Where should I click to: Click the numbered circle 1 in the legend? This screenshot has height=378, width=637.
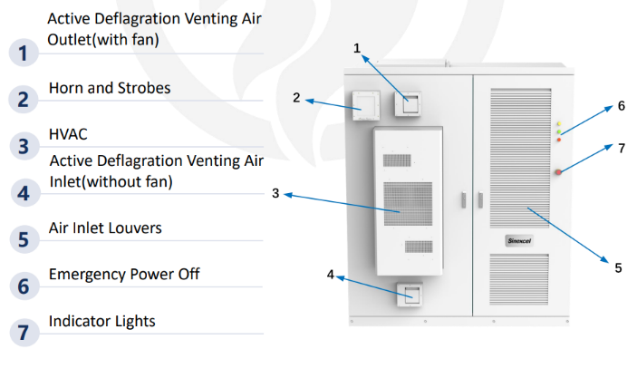(24, 52)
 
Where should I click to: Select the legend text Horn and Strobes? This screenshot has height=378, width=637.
(110, 89)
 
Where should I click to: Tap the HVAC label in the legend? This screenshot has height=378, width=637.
(68, 134)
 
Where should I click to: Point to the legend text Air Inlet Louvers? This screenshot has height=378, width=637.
(105, 228)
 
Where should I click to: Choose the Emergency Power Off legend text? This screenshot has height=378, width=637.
(124, 274)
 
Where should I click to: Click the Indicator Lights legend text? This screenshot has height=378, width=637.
(102, 321)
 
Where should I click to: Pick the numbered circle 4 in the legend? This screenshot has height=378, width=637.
(24, 192)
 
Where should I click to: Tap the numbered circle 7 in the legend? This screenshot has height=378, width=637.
(24, 333)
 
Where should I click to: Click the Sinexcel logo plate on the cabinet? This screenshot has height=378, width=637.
(521, 241)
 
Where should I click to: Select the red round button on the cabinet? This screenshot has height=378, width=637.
(559, 172)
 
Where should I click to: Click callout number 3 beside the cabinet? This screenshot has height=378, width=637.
(275, 192)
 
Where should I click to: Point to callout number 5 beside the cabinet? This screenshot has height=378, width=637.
(617, 267)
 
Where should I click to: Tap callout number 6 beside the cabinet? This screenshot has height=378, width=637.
(621, 106)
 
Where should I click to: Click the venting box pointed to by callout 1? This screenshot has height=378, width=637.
(409, 102)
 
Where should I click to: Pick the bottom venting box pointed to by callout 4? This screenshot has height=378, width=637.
(409, 295)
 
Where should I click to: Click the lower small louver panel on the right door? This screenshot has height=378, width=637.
(521, 280)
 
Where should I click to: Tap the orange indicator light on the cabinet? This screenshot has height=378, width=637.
(559, 140)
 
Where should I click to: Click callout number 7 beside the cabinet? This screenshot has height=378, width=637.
(621, 148)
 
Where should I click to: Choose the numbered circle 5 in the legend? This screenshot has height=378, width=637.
(24, 239)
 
